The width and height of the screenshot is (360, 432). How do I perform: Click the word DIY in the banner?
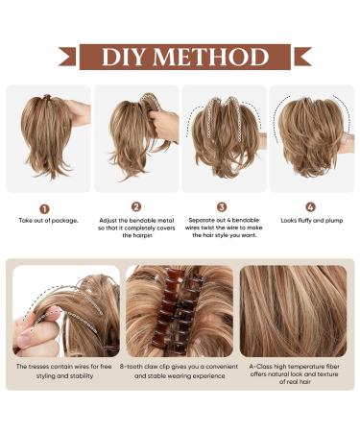(123, 57)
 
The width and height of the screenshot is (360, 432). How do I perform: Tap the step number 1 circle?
(44, 209)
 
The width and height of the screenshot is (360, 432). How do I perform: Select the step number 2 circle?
(136, 207)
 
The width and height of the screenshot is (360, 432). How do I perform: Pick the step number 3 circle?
(222, 207)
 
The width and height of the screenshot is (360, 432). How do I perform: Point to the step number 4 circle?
(310, 207)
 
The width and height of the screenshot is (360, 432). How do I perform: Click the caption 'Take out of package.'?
(48, 221)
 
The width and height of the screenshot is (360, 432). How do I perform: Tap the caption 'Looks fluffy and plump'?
(312, 221)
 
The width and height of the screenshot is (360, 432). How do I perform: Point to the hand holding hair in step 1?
(79, 113)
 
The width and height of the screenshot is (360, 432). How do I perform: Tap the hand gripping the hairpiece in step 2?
(164, 126)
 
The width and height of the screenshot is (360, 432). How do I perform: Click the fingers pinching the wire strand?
(36, 333)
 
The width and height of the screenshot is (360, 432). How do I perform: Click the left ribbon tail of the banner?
(67, 57)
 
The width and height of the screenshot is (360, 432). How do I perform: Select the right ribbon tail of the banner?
(302, 57)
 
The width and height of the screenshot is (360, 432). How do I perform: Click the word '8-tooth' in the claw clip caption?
(132, 367)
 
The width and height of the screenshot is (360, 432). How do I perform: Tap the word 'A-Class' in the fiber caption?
(260, 367)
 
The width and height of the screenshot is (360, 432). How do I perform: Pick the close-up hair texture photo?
(293, 311)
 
